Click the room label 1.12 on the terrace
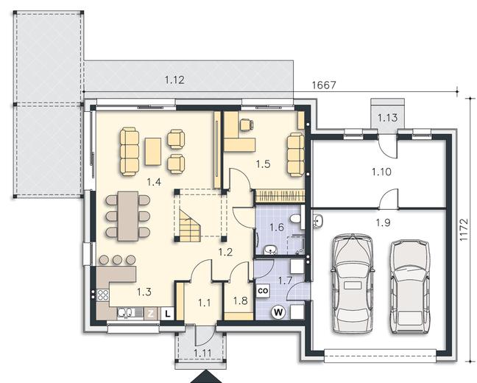pyautogui.click(x=174, y=80)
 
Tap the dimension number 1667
pyautogui.click(x=324, y=85)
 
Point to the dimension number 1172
pyautogui.click(x=463, y=230)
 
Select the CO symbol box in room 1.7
pyautogui.click(x=263, y=291)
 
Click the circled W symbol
pyautogui.click(x=278, y=312)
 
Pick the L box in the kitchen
pyautogui.click(x=168, y=313)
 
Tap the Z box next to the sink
pyautogui.click(x=150, y=313)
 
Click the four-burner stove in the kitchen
pyautogui.click(x=102, y=295)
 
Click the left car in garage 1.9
pyautogui.click(x=353, y=284)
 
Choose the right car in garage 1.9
pyautogui.click(x=410, y=287)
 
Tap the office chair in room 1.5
pyautogui.click(x=247, y=124)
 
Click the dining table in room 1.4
pyautogui.click(x=128, y=216)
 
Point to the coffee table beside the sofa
pyautogui.click(x=152, y=152)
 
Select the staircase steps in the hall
pyautogui.click(x=190, y=225)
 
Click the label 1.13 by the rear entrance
pyautogui.click(x=387, y=117)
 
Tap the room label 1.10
pyautogui.click(x=381, y=172)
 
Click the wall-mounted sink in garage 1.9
pyautogui.click(x=317, y=220)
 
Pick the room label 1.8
pyautogui.click(x=240, y=301)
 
